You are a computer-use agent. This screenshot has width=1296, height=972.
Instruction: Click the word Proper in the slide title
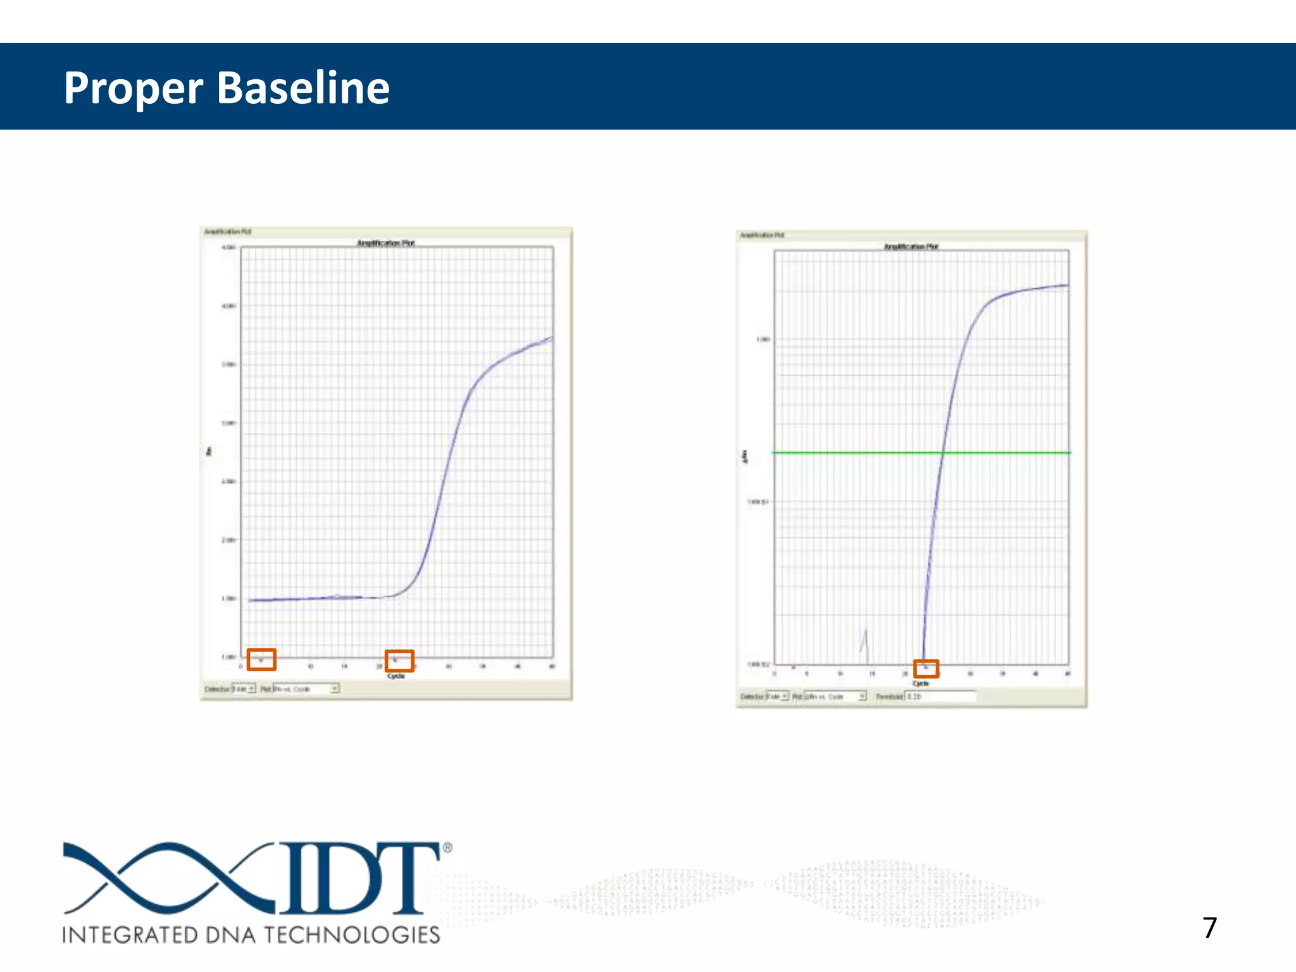click(x=133, y=89)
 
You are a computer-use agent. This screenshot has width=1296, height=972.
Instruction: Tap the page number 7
click(x=1209, y=928)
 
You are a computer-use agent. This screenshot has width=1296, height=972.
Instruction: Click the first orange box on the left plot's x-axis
click(x=261, y=659)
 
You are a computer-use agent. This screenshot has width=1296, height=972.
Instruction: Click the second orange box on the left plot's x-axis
click(x=399, y=661)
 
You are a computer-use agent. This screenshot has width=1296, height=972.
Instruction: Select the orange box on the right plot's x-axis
click(x=926, y=668)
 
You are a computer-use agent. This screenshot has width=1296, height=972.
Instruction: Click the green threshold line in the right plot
click(x=854, y=452)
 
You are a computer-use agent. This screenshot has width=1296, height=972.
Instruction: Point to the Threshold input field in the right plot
click(x=940, y=696)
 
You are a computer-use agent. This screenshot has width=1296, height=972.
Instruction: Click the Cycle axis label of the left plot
click(x=396, y=676)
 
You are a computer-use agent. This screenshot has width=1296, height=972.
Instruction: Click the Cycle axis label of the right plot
click(x=921, y=683)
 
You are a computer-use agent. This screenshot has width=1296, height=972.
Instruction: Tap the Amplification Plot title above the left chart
click(x=385, y=243)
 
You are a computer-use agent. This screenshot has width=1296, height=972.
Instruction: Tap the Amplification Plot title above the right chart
click(x=911, y=247)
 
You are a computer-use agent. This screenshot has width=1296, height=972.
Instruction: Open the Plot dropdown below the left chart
click(x=306, y=688)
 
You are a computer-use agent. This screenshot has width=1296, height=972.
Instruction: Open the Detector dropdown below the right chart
click(x=778, y=696)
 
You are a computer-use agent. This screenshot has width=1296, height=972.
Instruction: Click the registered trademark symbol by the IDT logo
click(x=447, y=847)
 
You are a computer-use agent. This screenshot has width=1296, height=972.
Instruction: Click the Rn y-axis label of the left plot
click(x=209, y=451)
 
